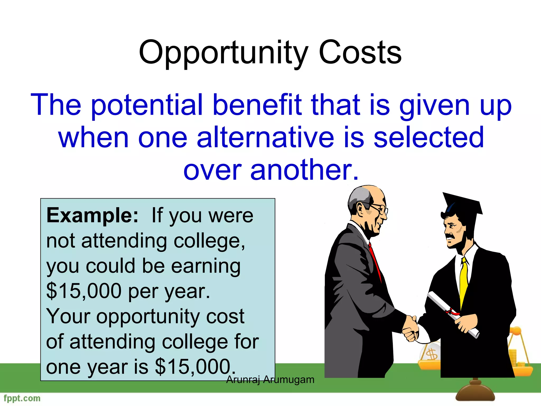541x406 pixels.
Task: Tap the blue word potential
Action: [x=147, y=105]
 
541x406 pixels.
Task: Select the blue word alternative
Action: [x=265, y=137]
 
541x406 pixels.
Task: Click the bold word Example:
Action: [x=92, y=216]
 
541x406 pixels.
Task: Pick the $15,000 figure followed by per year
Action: [x=84, y=291]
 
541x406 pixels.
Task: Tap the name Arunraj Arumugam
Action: [x=270, y=380]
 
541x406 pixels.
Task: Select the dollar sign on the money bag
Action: [x=431, y=354]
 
